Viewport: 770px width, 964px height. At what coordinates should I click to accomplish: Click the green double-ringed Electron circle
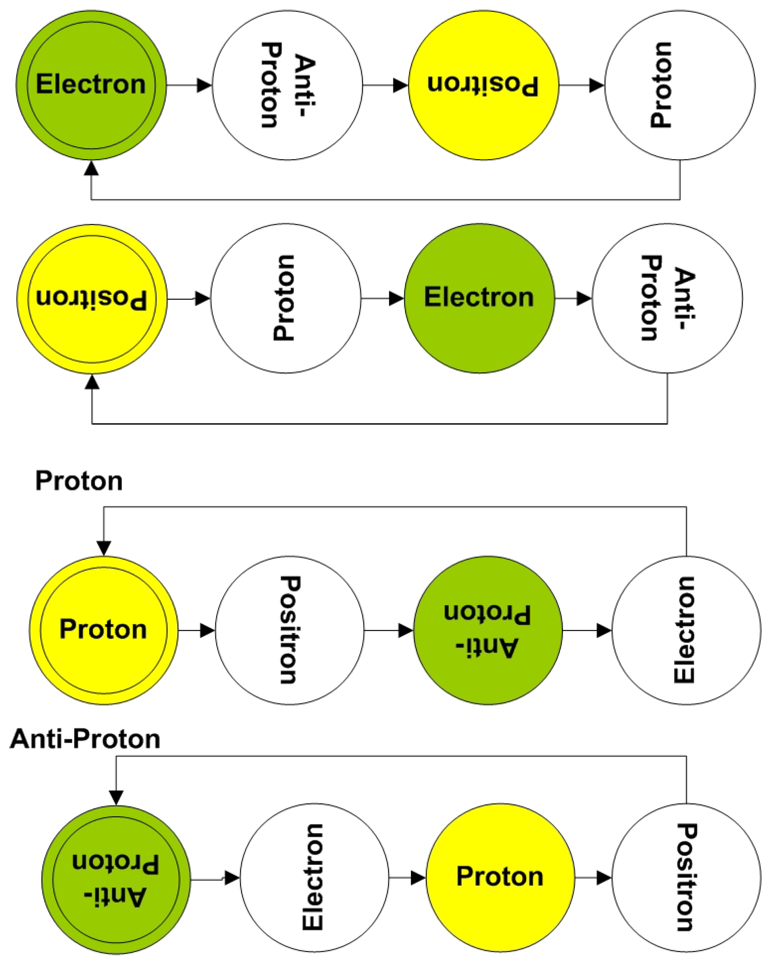[x=91, y=85]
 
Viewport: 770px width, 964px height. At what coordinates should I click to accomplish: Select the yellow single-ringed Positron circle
[x=483, y=85]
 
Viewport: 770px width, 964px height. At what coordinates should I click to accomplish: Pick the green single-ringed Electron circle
[x=479, y=298]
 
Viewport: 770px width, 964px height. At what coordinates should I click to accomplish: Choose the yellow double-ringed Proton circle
[x=104, y=630]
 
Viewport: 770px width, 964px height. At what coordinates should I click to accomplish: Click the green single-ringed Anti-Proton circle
[x=488, y=630]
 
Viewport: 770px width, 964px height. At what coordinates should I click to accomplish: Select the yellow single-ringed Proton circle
[x=500, y=877]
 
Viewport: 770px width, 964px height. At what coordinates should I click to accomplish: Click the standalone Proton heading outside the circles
[x=79, y=482]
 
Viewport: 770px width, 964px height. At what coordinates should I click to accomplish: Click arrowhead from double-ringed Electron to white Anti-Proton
[x=205, y=85]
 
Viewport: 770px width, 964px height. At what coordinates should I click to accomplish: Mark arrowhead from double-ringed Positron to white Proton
[x=203, y=298]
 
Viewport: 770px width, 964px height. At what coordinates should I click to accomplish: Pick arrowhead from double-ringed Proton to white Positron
[x=207, y=630]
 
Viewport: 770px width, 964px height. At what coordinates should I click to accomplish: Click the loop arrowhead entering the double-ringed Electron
[x=91, y=168]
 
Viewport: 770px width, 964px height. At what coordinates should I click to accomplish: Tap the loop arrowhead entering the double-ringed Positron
[x=92, y=382]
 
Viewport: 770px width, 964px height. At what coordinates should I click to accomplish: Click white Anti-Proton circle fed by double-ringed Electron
[x=288, y=85]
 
